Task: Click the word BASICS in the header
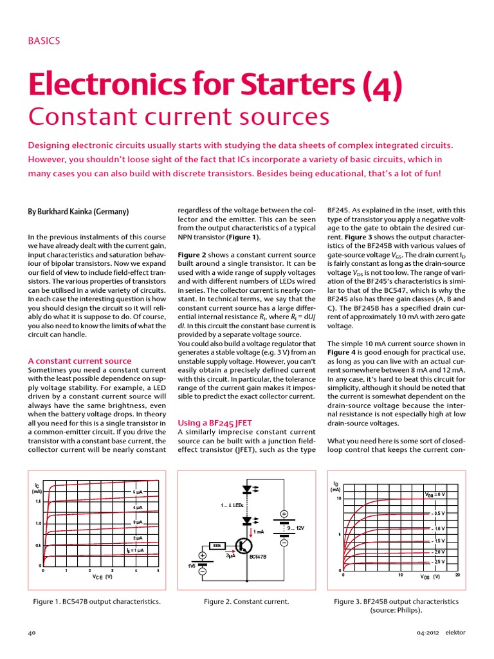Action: point(44,41)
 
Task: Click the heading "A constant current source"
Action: point(80,361)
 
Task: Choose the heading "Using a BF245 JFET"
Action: point(214,422)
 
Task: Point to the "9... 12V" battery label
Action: point(295,528)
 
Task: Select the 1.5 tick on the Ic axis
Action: point(38,501)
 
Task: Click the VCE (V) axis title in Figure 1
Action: point(102,577)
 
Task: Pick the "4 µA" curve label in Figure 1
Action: point(138,507)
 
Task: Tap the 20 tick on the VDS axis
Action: point(457,575)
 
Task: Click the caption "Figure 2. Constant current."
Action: point(246,601)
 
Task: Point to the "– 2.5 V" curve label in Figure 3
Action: point(437,562)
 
